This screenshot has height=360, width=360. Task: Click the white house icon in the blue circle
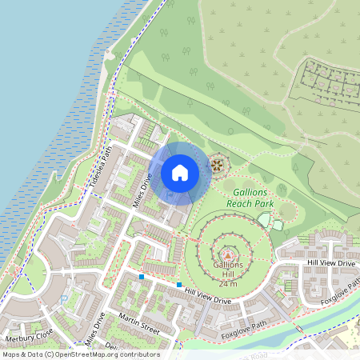point(180,172)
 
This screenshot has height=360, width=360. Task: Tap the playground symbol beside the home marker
point(216,166)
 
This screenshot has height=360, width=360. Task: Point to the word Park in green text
point(265,205)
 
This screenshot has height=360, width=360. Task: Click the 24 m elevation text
point(228,284)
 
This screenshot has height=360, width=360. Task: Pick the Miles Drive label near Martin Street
point(94,329)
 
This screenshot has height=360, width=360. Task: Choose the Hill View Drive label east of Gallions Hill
point(330,263)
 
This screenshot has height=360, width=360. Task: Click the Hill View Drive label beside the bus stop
point(207,297)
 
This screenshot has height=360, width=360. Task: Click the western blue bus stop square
point(142,277)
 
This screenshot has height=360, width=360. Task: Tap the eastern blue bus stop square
point(179,285)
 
